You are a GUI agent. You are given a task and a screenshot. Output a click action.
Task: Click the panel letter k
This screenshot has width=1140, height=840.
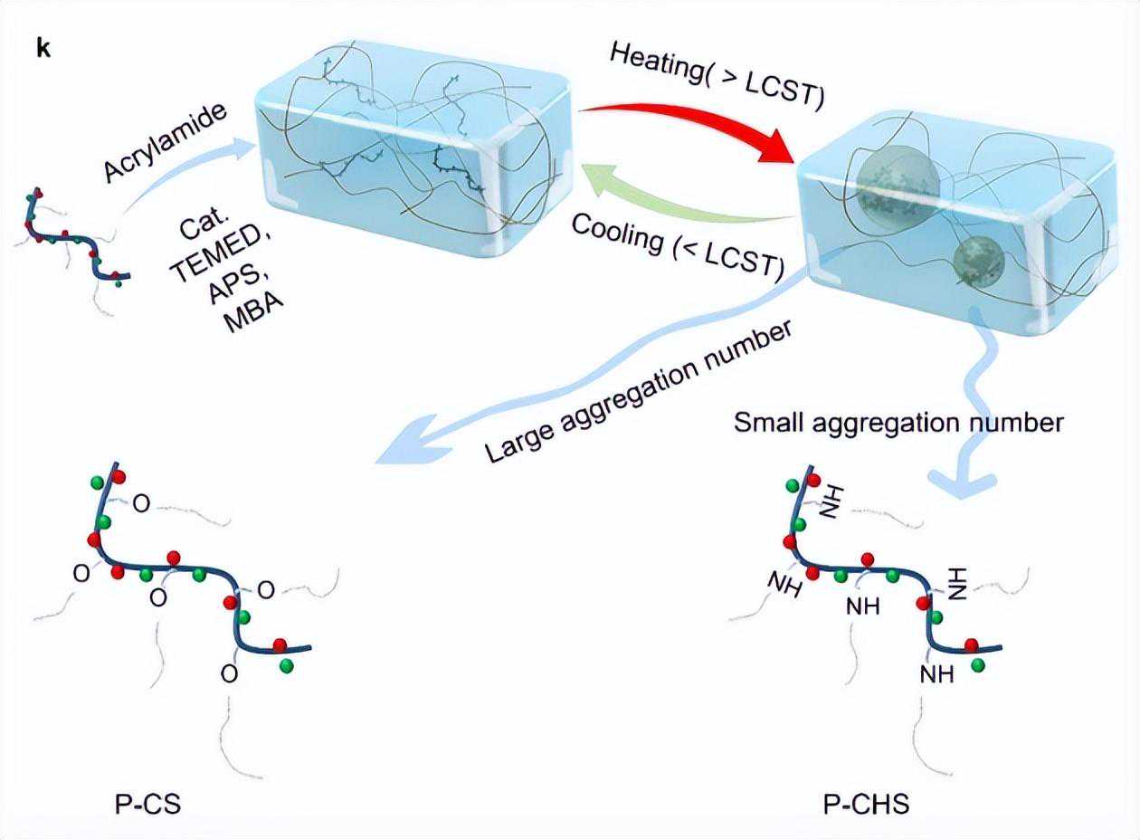point(43,49)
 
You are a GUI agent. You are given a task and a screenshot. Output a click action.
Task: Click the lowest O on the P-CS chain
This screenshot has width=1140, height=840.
point(229,675)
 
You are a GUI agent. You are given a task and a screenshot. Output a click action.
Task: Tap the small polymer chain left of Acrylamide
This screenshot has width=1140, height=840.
point(77,240)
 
